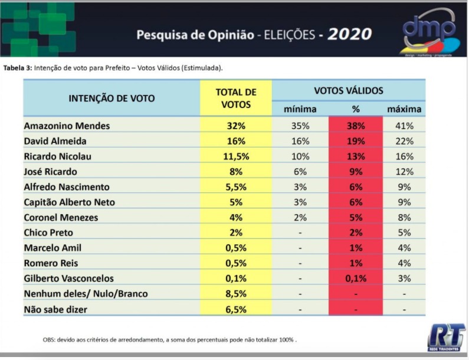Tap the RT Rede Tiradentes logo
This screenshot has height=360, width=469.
click(446, 338)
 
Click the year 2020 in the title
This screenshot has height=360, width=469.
click(350, 34)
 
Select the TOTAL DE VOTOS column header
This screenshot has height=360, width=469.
click(236, 98)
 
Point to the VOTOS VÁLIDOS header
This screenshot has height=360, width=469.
click(349, 90)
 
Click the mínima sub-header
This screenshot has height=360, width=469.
click(300, 109)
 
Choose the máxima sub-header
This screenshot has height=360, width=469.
click(404, 109)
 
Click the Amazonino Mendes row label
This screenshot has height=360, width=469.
click(67, 126)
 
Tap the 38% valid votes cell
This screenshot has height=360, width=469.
click(356, 126)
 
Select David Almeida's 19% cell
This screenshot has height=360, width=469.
click(356, 141)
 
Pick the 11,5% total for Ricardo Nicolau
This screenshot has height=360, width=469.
click(236, 156)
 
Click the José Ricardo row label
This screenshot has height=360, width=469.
click(51, 172)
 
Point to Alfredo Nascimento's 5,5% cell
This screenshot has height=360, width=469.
click(236, 187)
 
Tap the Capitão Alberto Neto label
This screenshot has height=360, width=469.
click(70, 202)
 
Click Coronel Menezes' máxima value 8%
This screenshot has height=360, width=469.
click(404, 217)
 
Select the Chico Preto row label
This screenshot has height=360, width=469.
click(48, 233)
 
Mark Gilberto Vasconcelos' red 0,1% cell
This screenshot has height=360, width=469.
click(356, 279)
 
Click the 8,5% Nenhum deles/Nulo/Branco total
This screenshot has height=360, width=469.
click(236, 293)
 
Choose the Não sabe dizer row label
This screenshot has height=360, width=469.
click(55, 309)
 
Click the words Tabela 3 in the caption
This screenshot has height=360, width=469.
click(17, 68)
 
